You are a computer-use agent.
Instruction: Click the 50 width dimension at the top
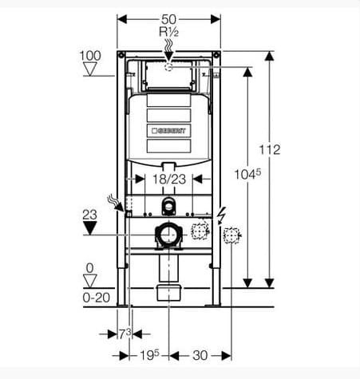(x=168, y=19)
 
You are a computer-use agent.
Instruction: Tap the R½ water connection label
(x=168, y=32)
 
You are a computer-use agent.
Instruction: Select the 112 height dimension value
(x=270, y=150)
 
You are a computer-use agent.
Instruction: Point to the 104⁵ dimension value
(x=247, y=175)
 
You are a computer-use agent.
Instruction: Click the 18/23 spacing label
(x=169, y=180)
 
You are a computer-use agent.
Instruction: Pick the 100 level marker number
(x=90, y=56)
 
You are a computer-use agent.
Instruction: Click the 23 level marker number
(x=89, y=215)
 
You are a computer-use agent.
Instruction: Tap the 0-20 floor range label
(x=96, y=298)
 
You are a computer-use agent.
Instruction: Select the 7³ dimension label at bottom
(x=125, y=334)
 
